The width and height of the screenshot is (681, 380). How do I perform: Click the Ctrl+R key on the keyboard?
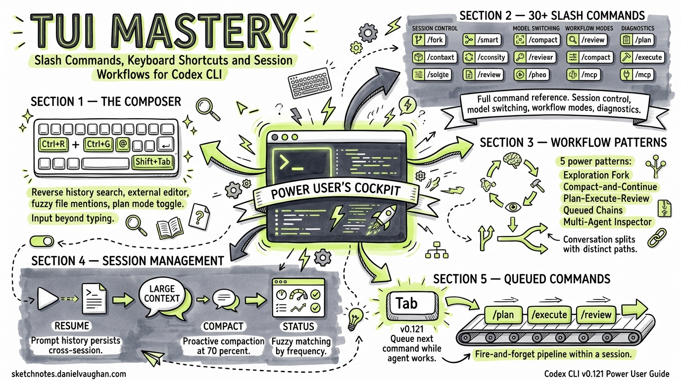(x=52, y=144)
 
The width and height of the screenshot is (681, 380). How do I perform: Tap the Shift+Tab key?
(x=153, y=162)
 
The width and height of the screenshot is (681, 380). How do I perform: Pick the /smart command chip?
(x=483, y=40)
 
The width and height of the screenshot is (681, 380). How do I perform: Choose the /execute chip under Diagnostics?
(x=642, y=57)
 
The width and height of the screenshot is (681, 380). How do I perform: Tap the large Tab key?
(x=407, y=303)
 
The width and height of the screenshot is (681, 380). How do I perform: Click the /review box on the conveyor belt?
(x=596, y=315)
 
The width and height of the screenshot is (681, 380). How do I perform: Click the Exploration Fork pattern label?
(x=596, y=175)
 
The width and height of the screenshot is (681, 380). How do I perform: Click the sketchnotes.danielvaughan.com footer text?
(x=68, y=374)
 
